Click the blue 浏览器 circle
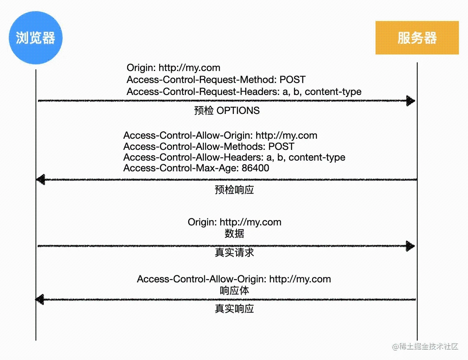tap(35, 38)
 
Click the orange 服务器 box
tap(417, 38)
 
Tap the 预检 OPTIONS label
tap(227, 111)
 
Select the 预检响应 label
tap(234, 190)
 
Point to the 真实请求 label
tap(234, 253)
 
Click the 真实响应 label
tap(234, 309)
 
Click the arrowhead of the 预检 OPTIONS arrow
tap(411, 101)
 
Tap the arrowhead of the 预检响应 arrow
tap(40, 180)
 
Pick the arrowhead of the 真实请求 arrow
tap(410, 246)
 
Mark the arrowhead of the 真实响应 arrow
tap(40, 299)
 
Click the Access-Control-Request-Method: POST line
tap(216, 80)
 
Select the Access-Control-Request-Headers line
tap(244, 92)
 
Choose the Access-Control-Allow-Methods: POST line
tap(209, 147)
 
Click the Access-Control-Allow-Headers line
tap(234, 157)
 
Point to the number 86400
tap(255, 168)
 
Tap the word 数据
tap(234, 233)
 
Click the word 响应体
tap(234, 291)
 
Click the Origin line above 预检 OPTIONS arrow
tap(173, 68)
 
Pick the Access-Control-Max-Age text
tap(181, 168)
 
